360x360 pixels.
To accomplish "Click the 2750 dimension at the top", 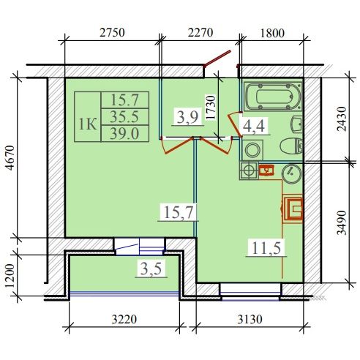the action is click(112, 32).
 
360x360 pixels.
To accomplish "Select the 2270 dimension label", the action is click(200, 32).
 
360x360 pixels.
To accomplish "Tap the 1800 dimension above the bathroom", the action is click(272, 33).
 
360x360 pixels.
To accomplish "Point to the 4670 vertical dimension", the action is click(11, 157).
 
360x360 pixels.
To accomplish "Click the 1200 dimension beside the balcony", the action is click(11, 276).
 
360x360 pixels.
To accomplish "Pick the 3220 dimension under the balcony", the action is click(124, 319).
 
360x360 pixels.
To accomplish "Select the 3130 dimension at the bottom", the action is click(250, 319).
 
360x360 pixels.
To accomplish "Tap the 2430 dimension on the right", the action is click(342, 119).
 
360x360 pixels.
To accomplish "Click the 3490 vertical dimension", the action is click(342, 222).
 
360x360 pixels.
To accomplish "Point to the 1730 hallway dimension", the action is click(211, 108).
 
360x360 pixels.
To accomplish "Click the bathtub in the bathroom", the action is click(273, 97).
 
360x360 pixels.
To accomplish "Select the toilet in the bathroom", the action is click(291, 146).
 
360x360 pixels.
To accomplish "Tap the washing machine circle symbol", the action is click(252, 150).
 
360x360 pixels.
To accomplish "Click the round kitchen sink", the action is click(291, 173).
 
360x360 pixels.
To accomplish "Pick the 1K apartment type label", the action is click(88, 124).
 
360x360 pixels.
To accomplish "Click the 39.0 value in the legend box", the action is click(124, 134).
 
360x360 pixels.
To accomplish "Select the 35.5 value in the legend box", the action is click(124, 117).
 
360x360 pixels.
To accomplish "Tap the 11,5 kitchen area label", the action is click(266, 248).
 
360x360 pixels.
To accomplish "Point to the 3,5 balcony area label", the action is click(151, 269).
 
